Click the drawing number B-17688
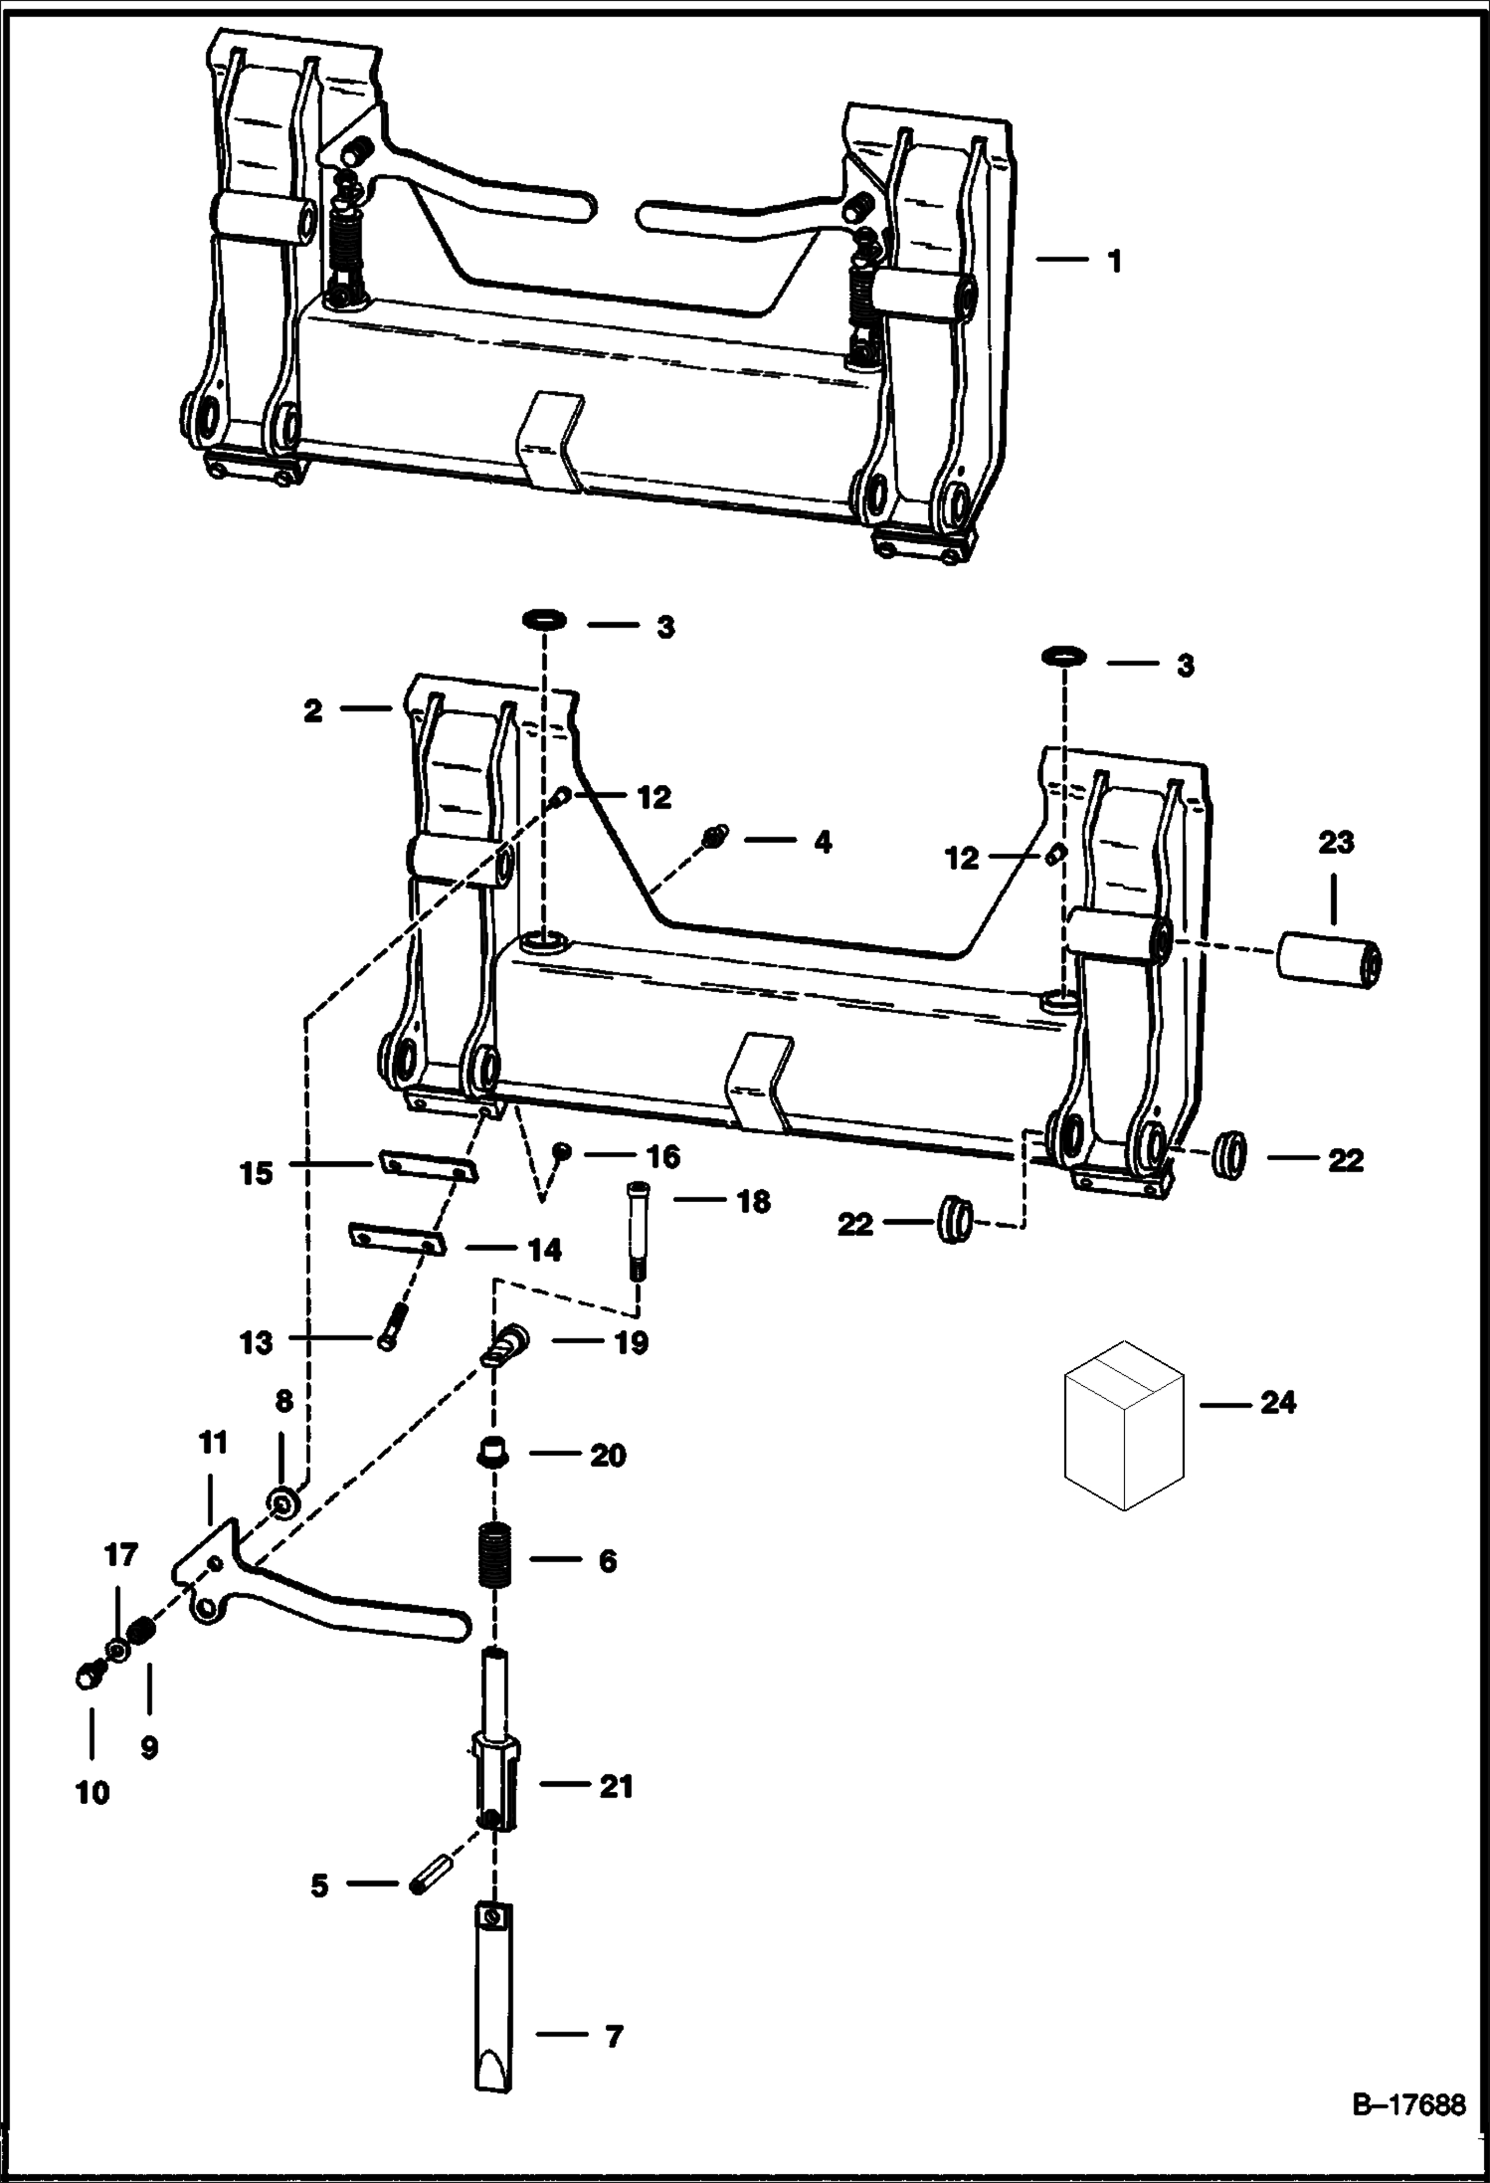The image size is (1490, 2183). [1408, 2106]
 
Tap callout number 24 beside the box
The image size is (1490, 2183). [1278, 1403]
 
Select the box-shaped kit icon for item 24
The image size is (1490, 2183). [1124, 1424]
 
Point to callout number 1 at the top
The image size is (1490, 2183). [1114, 261]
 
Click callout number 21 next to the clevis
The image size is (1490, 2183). [617, 1787]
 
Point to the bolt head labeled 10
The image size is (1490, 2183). [88, 1676]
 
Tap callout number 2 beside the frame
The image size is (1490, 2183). [313, 711]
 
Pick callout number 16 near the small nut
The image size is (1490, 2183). [663, 1156]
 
